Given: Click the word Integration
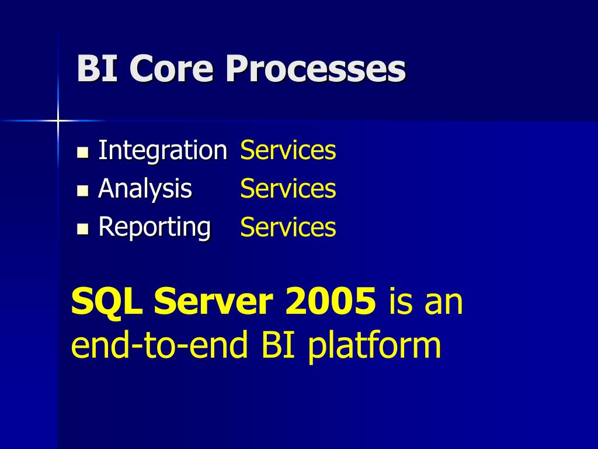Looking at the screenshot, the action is point(163,150).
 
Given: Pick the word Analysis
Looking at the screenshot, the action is point(145,189).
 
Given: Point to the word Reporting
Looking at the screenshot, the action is point(154,227).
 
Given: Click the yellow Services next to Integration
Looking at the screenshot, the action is point(288,150).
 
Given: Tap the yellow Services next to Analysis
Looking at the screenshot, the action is point(288,188).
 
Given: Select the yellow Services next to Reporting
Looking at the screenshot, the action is point(288,227).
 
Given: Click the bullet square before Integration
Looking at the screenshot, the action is point(83,153).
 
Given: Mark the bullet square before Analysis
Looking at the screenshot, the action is point(83,191).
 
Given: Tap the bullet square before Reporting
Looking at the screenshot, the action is point(83,229).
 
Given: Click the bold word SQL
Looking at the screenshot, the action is point(107,301).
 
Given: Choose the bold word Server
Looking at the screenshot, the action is point(214,301).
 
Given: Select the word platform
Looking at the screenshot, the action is point(374,346).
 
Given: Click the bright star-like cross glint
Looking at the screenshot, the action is point(58,120).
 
